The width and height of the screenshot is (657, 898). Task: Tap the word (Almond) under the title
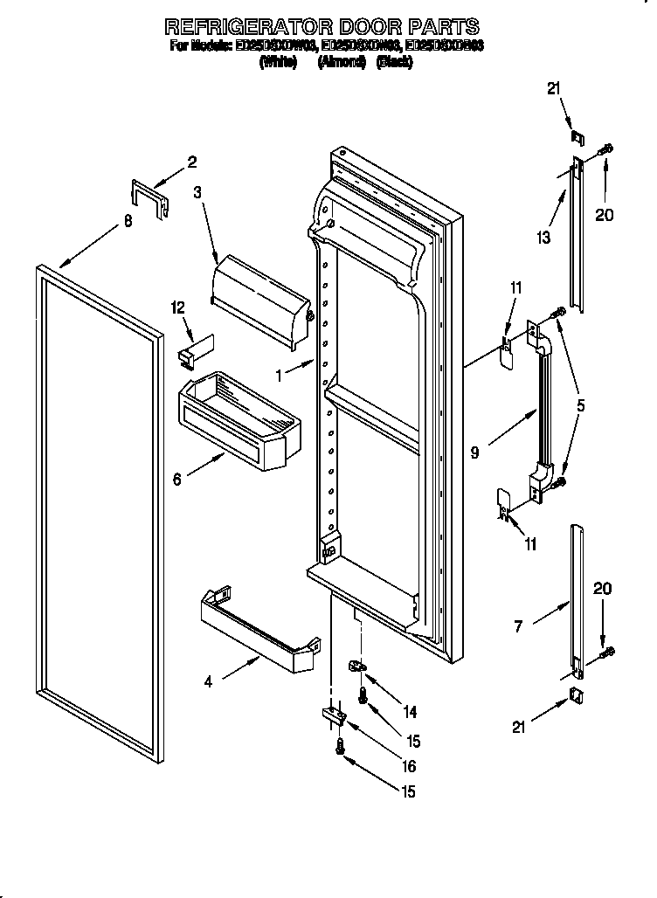[342, 63]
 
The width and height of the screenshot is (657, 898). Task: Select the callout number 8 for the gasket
[128, 222]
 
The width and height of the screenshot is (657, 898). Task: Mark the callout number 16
[409, 766]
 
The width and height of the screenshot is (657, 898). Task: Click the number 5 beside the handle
[580, 405]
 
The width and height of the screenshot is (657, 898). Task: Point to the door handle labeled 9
[543, 402]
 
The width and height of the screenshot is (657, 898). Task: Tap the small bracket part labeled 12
[191, 349]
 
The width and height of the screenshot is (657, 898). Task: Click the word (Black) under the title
[394, 63]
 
